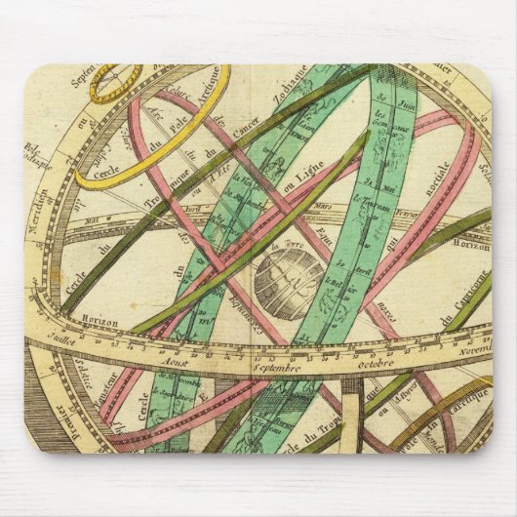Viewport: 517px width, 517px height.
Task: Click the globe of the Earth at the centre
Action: coord(288,283)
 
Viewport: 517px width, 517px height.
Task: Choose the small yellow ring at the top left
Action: coord(116,84)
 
